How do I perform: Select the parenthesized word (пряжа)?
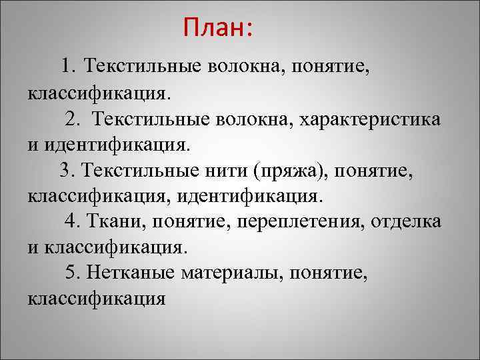tap(291, 171)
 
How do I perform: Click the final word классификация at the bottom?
tap(96, 298)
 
